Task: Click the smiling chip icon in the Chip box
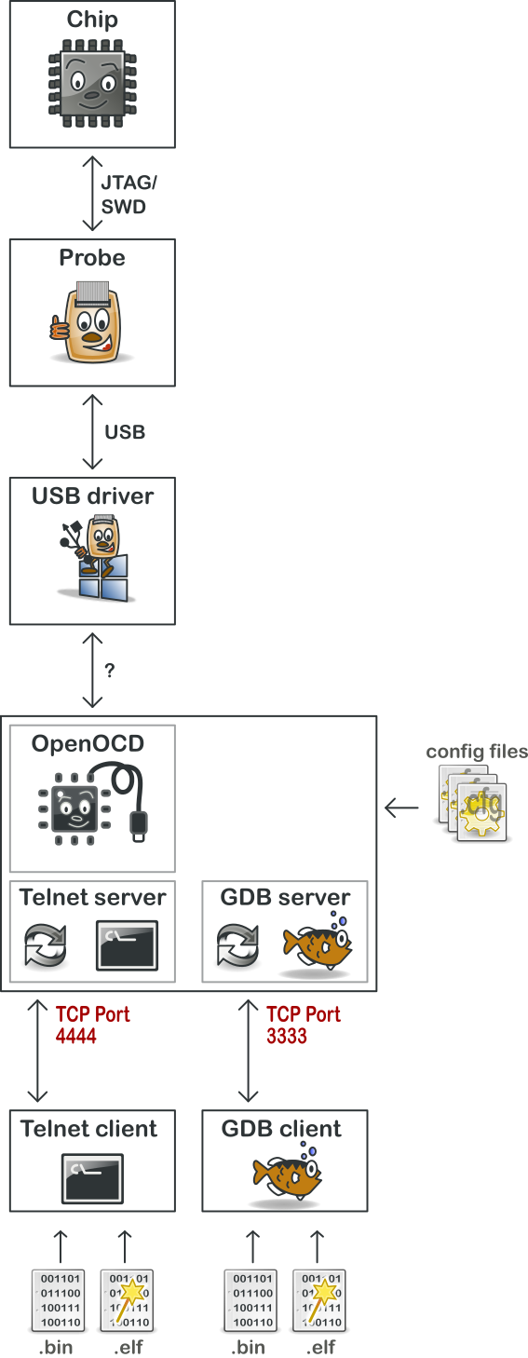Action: click(x=92, y=83)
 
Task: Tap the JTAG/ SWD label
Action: click(x=129, y=195)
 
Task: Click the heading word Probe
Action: click(x=92, y=258)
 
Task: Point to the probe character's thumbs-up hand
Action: click(x=60, y=328)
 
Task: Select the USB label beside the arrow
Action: click(x=125, y=432)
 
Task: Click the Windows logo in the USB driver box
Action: click(x=103, y=578)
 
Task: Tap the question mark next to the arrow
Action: click(x=109, y=671)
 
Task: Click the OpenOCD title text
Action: click(x=88, y=743)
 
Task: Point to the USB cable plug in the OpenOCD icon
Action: click(x=139, y=827)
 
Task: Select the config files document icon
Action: click(x=474, y=803)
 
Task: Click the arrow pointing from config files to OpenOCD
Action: click(x=401, y=808)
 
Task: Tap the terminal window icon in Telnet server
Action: click(x=128, y=945)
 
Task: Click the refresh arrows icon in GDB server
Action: click(x=237, y=945)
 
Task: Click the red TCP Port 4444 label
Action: click(x=92, y=1025)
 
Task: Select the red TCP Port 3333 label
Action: click(x=303, y=1025)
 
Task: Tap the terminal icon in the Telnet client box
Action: click(x=93, y=1178)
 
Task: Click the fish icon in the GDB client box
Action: click(x=287, y=1173)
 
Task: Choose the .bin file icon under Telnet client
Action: click(x=58, y=1300)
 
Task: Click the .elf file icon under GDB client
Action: click(x=319, y=1300)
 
